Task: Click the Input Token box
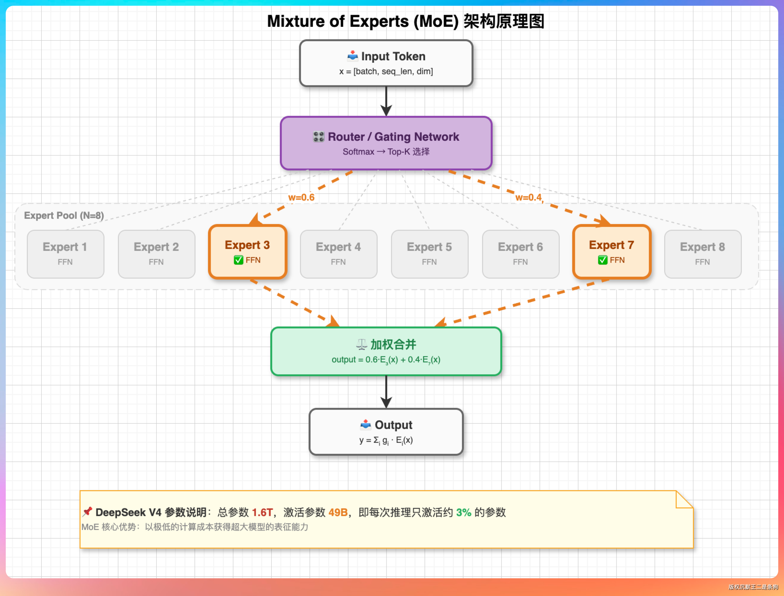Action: click(386, 63)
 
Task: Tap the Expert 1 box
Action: click(65, 254)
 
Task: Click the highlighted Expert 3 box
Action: click(248, 252)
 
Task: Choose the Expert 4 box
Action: click(338, 254)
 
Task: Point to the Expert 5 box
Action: click(429, 254)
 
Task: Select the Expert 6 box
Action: click(520, 254)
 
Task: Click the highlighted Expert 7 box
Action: click(611, 252)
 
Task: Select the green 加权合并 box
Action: click(386, 351)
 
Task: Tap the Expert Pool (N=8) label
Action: click(64, 215)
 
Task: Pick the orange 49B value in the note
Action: click(338, 512)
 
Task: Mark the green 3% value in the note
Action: click(463, 512)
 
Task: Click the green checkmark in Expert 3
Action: click(238, 260)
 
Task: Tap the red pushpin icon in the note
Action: click(87, 512)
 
